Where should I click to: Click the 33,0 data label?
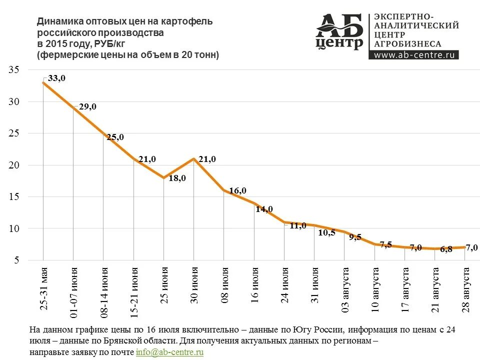(56, 78)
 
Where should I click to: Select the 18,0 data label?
(177, 178)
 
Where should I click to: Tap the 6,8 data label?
(446, 249)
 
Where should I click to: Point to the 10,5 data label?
(326, 232)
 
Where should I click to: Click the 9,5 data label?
(354, 237)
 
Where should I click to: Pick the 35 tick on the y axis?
(13, 70)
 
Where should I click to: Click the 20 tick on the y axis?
(13, 165)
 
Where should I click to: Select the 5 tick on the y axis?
(16, 260)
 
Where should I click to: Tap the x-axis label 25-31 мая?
(43, 290)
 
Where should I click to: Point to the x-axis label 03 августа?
(345, 290)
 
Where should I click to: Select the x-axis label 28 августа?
(465, 290)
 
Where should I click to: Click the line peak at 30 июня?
(194, 159)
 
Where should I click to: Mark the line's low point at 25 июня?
(164, 177)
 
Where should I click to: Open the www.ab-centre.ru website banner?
(414, 55)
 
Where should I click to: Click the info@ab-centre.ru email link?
(169, 352)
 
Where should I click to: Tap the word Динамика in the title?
(60, 21)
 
